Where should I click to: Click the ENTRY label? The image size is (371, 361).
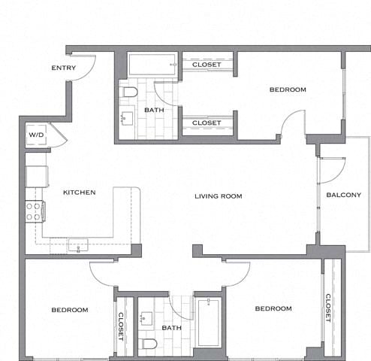point(63,68)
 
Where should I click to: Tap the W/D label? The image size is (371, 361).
point(36,135)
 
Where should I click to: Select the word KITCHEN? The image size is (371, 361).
point(79,193)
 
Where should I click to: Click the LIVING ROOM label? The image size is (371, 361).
point(218,196)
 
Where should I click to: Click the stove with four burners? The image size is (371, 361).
point(35,211)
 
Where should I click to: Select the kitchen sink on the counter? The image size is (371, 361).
point(77,244)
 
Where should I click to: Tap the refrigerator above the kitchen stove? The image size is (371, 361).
point(36,177)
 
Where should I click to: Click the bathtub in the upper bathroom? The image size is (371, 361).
point(152,65)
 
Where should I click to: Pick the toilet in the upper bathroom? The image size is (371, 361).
point(130,93)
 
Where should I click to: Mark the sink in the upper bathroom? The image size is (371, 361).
point(125,118)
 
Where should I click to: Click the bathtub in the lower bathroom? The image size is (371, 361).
point(208,322)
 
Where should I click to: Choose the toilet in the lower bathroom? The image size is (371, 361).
point(150,344)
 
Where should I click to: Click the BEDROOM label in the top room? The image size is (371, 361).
point(288,90)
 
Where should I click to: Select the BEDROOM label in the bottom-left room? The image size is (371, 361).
point(70,310)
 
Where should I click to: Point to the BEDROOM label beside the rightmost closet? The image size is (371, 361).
point(273,309)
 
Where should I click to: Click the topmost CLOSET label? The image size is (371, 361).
point(207,65)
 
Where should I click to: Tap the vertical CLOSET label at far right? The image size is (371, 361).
point(329,308)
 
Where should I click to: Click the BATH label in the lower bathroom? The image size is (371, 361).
point(171,328)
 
